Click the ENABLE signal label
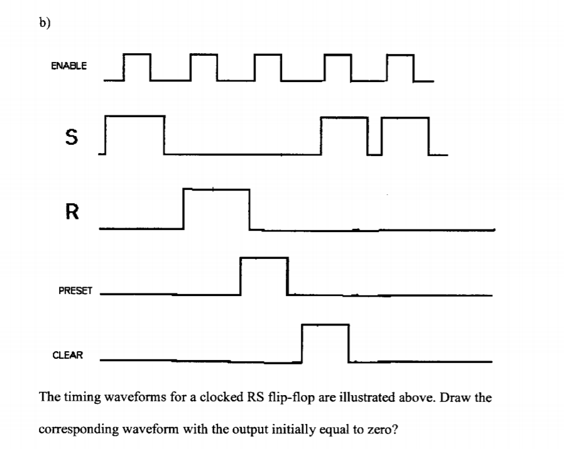[x=68, y=66]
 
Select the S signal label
[x=71, y=137]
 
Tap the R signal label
[x=72, y=211]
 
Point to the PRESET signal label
[x=75, y=290]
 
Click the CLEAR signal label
[x=68, y=355]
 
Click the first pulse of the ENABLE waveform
[x=137, y=55]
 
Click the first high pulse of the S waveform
[x=135, y=117]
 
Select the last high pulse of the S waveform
[x=405, y=118]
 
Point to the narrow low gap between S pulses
[x=374, y=155]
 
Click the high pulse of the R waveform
[x=217, y=189]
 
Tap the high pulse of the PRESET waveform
[x=264, y=258]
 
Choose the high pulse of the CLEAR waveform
[x=325, y=325]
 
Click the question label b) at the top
[x=45, y=23]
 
